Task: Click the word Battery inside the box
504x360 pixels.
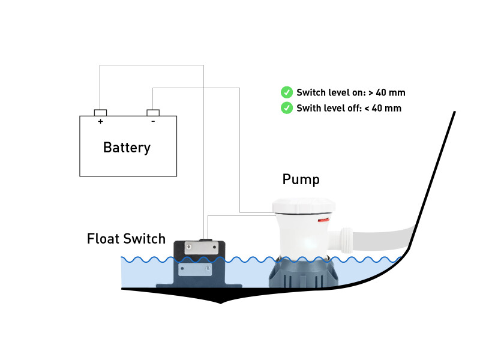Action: (x=127, y=148)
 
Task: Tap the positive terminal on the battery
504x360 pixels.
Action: (x=100, y=112)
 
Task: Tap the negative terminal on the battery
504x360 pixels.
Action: (x=153, y=112)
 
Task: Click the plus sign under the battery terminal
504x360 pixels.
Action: (x=100, y=121)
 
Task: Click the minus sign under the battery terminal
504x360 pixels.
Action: (x=153, y=121)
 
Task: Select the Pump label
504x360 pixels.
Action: (x=301, y=179)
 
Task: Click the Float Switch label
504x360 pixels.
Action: (x=126, y=239)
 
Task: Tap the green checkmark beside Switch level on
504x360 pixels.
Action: (x=287, y=92)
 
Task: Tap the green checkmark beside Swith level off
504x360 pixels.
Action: (x=287, y=108)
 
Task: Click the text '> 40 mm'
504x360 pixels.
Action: (x=387, y=92)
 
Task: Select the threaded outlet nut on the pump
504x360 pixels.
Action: (x=348, y=239)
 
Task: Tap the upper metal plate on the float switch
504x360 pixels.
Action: (x=198, y=246)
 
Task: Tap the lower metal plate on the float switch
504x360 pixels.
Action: (x=196, y=269)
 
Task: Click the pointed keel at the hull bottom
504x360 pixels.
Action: (x=221, y=299)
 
